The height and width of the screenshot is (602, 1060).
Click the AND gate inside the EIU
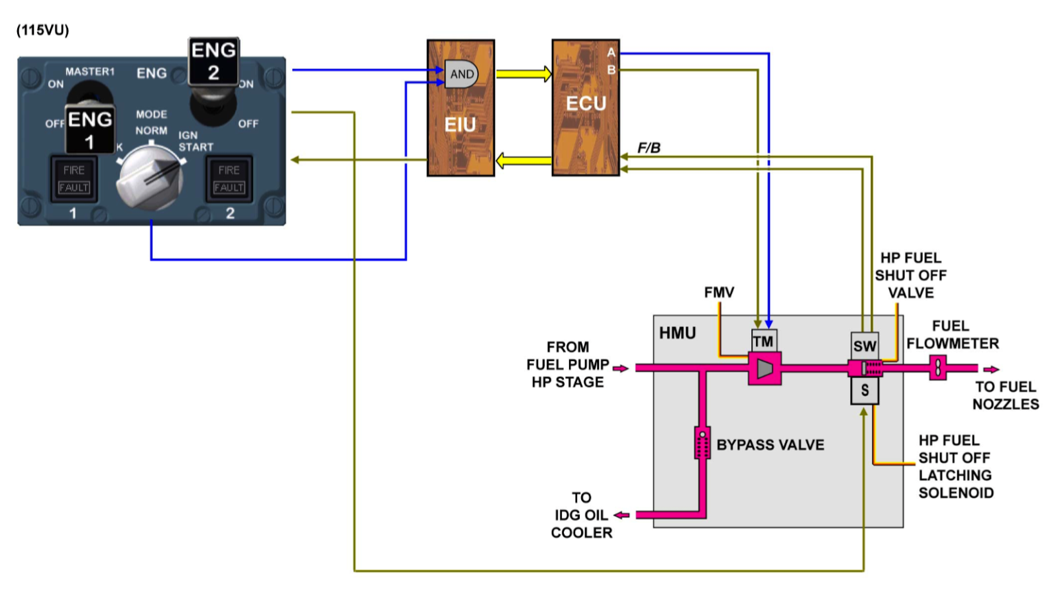pyautogui.click(x=461, y=74)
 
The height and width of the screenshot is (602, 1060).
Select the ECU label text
pyautogui.click(x=586, y=104)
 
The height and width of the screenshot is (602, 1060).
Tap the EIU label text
pyautogui.click(x=460, y=125)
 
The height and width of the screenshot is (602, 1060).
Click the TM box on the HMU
pyautogui.click(x=763, y=341)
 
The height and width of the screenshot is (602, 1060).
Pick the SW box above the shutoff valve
pyautogui.click(x=865, y=345)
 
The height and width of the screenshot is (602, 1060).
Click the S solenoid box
pyautogui.click(x=865, y=391)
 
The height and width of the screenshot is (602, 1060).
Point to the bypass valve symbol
pyautogui.click(x=702, y=443)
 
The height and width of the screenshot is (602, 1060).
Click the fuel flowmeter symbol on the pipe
pyautogui.click(x=937, y=368)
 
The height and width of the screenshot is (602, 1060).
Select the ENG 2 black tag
pyautogui.click(x=213, y=61)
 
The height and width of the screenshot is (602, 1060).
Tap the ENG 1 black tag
pyautogui.click(x=89, y=130)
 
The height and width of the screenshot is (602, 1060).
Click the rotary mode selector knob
pyautogui.click(x=150, y=177)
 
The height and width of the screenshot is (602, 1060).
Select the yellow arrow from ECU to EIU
pyautogui.click(x=523, y=160)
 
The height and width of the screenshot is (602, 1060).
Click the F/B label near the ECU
pyautogui.click(x=649, y=148)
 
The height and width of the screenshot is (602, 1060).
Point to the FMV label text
pyautogui.click(x=719, y=292)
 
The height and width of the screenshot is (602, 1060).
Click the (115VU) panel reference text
pyautogui.click(x=42, y=30)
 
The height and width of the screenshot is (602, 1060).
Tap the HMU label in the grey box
pyautogui.click(x=677, y=333)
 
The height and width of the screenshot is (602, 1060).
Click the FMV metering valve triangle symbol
pyautogui.click(x=765, y=368)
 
